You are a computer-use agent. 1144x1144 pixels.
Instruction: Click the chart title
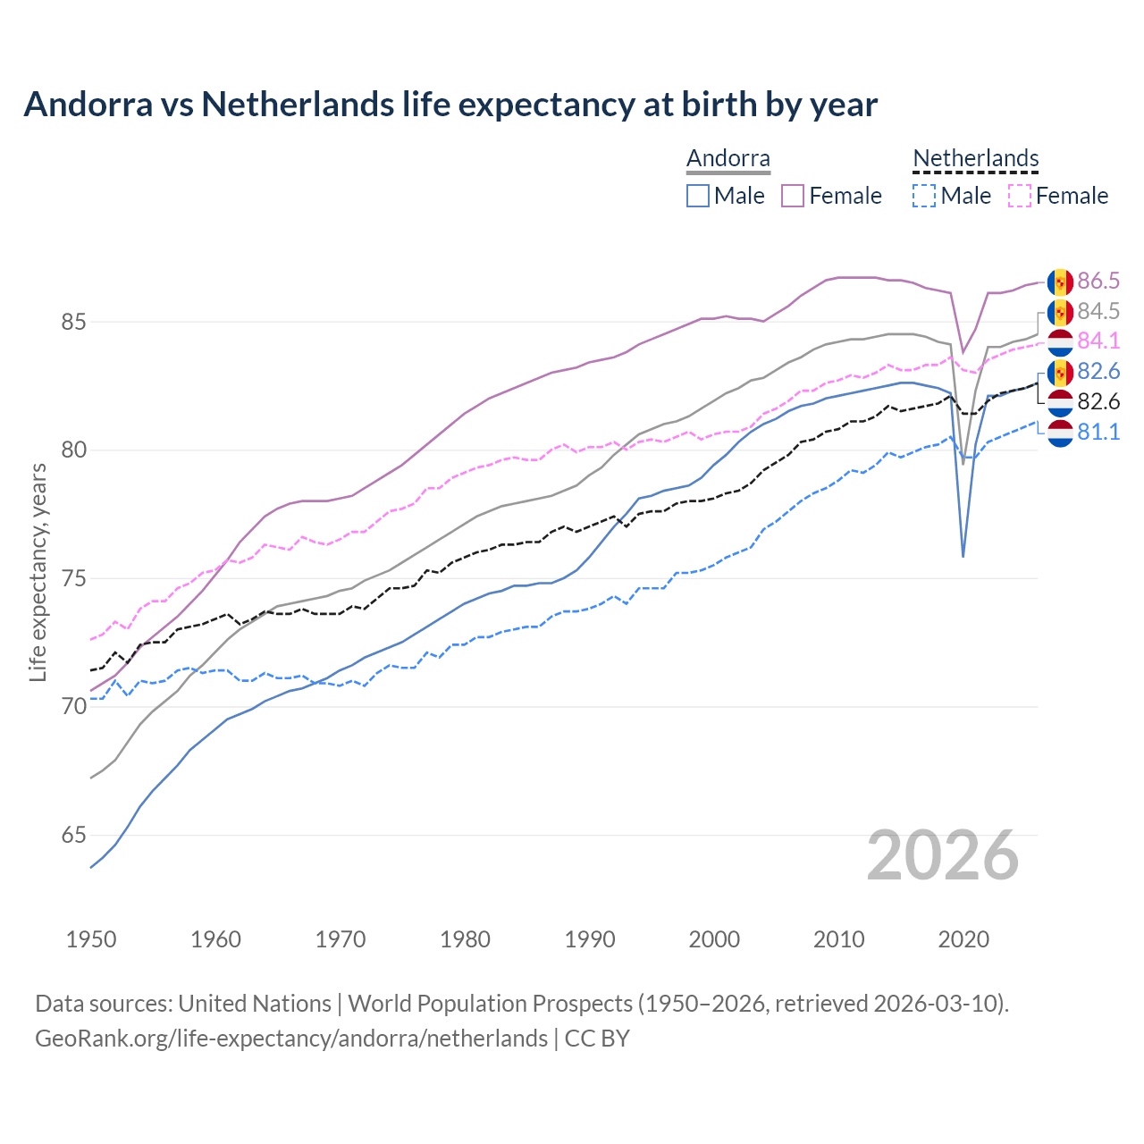pos(450,105)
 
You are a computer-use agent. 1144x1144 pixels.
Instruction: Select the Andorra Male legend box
pos(698,196)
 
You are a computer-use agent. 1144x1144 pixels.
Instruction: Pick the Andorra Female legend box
pos(793,196)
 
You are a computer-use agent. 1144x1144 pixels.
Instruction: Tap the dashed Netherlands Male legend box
pos(924,196)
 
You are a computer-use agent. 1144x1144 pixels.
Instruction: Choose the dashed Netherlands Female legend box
pos(1020,196)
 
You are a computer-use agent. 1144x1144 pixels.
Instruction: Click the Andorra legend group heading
pos(728,159)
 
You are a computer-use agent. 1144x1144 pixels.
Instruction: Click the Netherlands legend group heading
pos(976,159)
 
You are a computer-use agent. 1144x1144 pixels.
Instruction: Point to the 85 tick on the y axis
pos(73,322)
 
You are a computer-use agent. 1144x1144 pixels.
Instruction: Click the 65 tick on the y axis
pos(73,836)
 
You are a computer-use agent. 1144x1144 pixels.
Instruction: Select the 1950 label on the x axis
pos(91,939)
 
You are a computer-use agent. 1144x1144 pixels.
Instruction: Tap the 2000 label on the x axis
pos(714,939)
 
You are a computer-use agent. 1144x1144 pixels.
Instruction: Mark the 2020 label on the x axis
pos(963,939)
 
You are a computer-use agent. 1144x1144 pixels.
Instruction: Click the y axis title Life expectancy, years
pos(38,572)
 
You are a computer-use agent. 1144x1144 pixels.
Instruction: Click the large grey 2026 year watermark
pos(943,855)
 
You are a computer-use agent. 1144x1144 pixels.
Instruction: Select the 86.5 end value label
pos(1098,281)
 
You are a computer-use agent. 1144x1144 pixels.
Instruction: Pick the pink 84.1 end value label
pos(1098,341)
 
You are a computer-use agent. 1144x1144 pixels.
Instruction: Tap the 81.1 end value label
pos(1098,432)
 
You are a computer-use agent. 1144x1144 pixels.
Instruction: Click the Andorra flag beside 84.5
pos(1060,312)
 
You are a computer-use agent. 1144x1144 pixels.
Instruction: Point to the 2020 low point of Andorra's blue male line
pos(963,556)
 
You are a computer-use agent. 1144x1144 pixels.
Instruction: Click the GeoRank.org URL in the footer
pos(291,1039)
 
